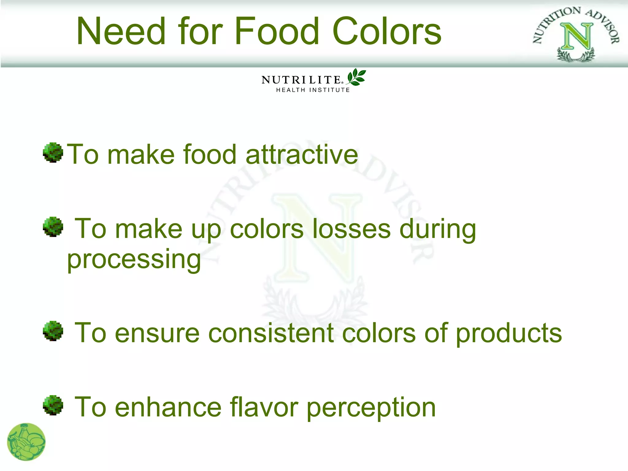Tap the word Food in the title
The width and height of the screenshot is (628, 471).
tap(277, 31)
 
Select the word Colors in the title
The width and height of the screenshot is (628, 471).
tap(387, 31)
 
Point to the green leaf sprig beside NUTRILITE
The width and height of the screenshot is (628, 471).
tap(356, 77)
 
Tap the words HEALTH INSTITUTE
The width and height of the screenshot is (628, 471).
tap(313, 90)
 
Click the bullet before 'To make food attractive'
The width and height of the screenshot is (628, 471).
tap(53, 152)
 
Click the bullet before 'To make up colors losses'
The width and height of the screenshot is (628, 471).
tap(53, 227)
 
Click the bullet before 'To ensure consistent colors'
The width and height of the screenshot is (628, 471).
tap(53, 331)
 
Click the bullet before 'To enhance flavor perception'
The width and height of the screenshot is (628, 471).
tap(53, 405)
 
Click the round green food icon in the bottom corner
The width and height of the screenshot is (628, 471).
tap(26, 442)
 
